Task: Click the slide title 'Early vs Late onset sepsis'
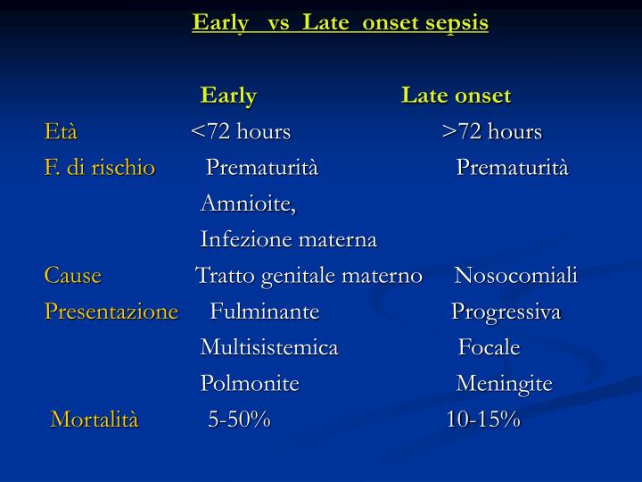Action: (x=340, y=22)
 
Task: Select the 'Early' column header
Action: (x=228, y=96)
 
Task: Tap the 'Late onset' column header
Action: (x=456, y=96)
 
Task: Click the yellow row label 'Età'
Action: (x=61, y=132)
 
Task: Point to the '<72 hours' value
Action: (x=241, y=132)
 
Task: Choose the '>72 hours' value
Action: (x=492, y=132)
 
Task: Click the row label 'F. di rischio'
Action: (x=100, y=168)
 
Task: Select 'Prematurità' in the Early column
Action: (x=262, y=168)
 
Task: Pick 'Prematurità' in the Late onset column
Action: (x=513, y=168)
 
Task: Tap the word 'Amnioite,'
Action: (x=249, y=204)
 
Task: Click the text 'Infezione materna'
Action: (x=289, y=240)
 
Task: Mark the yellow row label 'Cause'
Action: (x=73, y=276)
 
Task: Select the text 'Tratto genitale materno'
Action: (x=309, y=276)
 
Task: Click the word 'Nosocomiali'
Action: (x=516, y=276)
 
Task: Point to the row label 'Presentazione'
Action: (x=111, y=312)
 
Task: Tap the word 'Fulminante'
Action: (x=265, y=312)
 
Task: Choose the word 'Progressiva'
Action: (x=506, y=312)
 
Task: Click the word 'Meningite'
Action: (x=505, y=384)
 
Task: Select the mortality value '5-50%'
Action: (x=239, y=420)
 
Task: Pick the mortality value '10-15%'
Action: (x=483, y=420)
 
